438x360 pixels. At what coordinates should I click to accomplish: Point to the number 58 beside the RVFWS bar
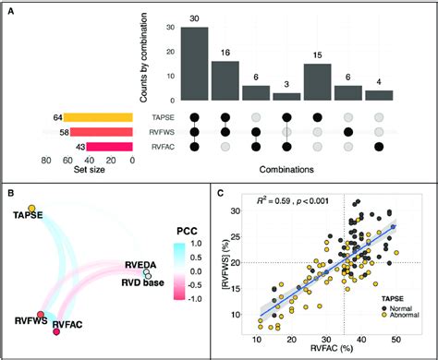coord(56,133)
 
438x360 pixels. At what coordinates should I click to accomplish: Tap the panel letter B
coord(11,191)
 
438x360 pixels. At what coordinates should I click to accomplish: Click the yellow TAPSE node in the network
coord(30,208)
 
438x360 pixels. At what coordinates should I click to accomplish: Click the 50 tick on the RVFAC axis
coord(396,338)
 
